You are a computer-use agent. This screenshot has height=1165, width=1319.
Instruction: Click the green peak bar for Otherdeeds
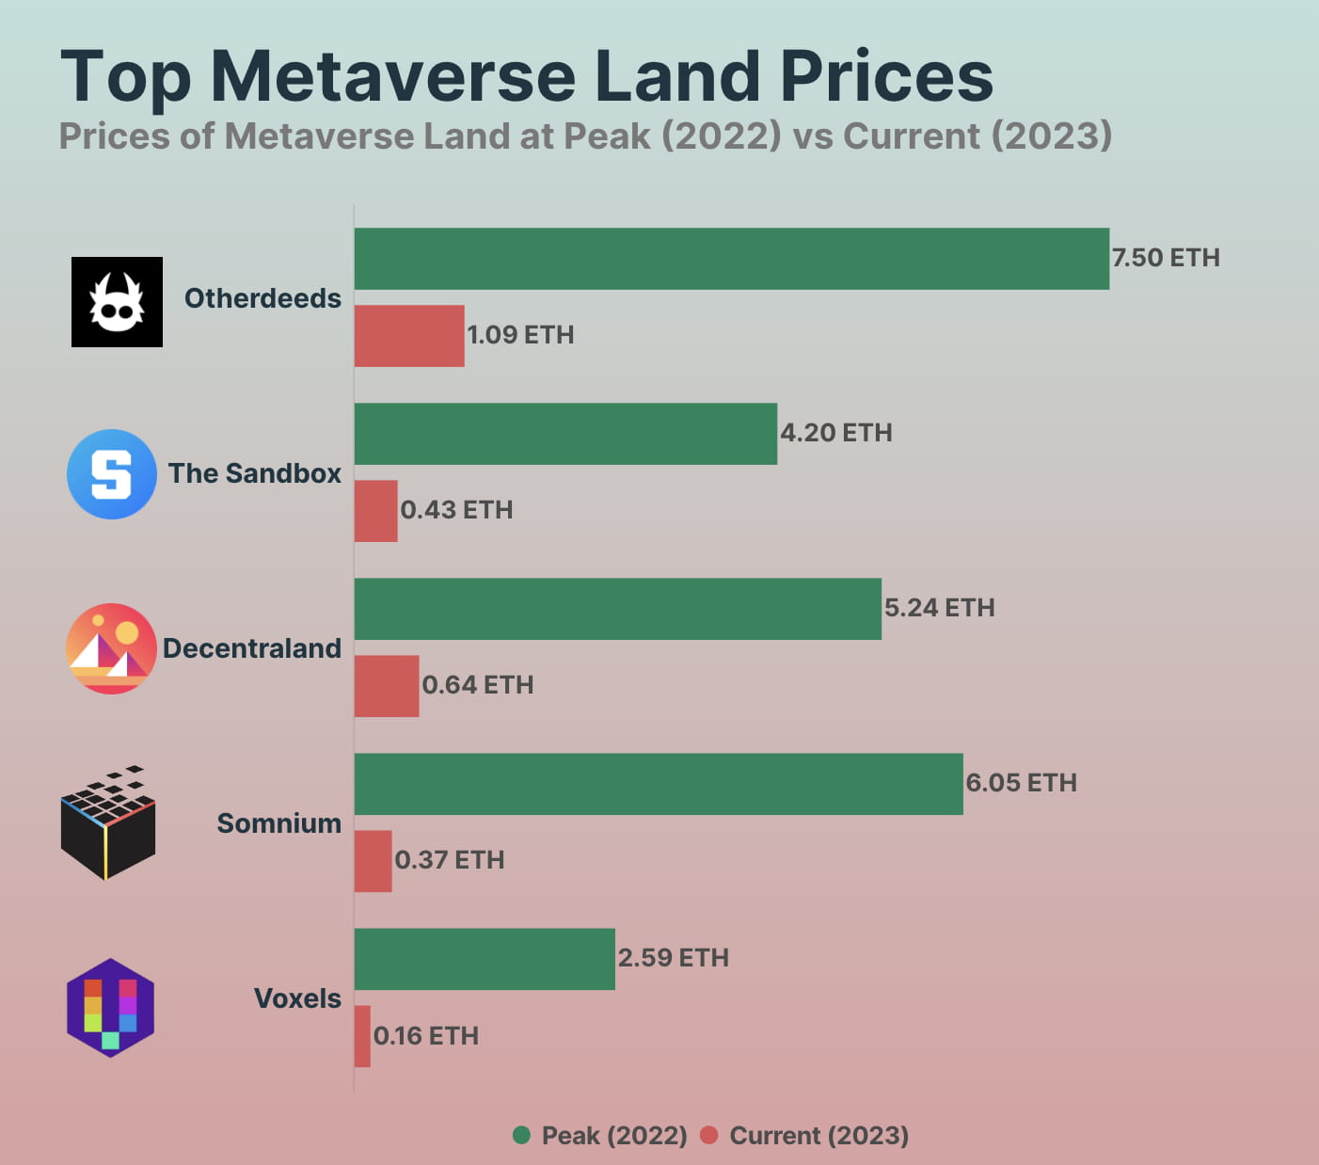pyautogui.click(x=731, y=259)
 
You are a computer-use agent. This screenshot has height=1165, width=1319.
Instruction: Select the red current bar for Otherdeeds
pyautogui.click(x=409, y=336)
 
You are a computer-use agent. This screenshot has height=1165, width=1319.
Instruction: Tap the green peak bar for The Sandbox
pyautogui.click(x=565, y=434)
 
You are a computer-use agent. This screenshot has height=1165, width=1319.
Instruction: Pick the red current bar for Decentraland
pyautogui.click(x=387, y=686)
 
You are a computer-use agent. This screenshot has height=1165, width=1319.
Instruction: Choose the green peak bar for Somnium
pyautogui.click(x=659, y=784)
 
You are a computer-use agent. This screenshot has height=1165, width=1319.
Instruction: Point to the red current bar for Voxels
pyautogui.click(x=362, y=1036)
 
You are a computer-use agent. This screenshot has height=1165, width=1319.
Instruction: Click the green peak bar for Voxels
pyautogui.click(x=485, y=959)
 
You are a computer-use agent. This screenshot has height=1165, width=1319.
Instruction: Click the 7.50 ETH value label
pyautogui.click(x=1166, y=258)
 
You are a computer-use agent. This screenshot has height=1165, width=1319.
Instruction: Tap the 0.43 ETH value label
pyautogui.click(x=456, y=510)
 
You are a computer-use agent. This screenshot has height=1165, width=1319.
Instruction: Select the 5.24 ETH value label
pyautogui.click(x=939, y=608)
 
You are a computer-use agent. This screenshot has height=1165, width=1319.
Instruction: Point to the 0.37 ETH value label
pyautogui.click(x=449, y=860)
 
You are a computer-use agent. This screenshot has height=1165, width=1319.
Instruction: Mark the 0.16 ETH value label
pyautogui.click(x=426, y=1036)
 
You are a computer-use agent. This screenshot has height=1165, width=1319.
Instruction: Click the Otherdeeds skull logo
pyautogui.click(x=117, y=302)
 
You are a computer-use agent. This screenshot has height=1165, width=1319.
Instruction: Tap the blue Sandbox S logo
pyautogui.click(x=112, y=474)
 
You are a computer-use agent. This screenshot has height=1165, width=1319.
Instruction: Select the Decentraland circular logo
pyautogui.click(x=111, y=648)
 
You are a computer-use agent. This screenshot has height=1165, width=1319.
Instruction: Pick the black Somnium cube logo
pyautogui.click(x=108, y=824)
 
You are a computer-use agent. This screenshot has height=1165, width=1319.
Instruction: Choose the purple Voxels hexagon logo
pyautogui.click(x=110, y=1008)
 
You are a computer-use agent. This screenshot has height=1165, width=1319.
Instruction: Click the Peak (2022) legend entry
pyautogui.click(x=600, y=1136)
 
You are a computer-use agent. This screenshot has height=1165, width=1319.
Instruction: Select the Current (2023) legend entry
pyautogui.click(x=805, y=1136)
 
